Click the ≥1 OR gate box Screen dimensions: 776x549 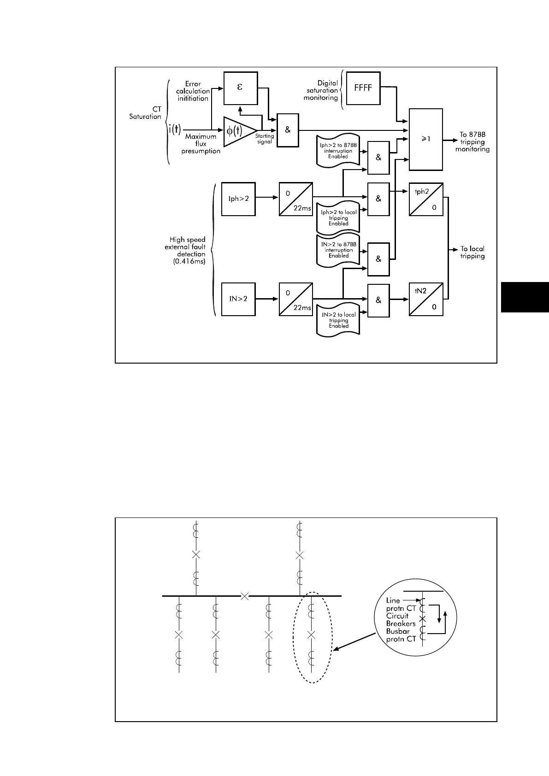(425, 139)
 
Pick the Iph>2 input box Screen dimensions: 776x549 (238, 199)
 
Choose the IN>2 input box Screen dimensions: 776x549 (238, 299)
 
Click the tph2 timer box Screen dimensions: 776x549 (425, 199)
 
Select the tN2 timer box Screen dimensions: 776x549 (425, 299)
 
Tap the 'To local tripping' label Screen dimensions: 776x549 (472, 253)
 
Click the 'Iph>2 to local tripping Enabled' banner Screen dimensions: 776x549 (338, 218)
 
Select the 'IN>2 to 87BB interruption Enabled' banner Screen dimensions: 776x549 (338, 250)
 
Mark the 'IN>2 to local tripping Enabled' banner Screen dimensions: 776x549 (338, 320)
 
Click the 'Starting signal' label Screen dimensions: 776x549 (265, 139)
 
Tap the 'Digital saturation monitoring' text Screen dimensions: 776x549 (322, 90)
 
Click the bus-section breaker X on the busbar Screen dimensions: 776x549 (245, 596)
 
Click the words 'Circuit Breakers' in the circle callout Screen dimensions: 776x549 (401, 619)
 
